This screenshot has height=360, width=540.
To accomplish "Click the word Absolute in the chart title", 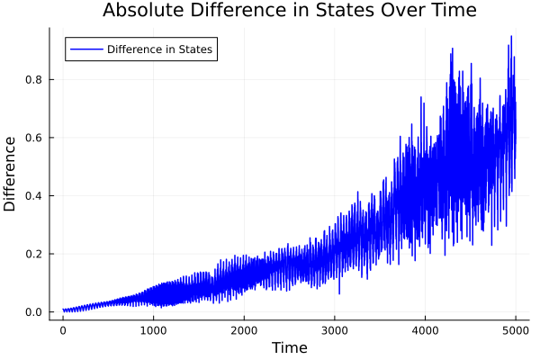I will tap(141, 11).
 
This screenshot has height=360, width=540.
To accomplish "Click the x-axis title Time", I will tap(289, 347).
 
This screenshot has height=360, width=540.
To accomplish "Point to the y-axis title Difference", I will tap(11, 174).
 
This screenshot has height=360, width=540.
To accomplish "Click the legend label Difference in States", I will tap(159, 49).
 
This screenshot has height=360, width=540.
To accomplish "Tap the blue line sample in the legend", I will tap(85, 49).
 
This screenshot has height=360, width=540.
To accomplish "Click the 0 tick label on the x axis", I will tap(63, 330).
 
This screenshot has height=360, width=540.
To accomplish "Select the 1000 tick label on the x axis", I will tap(153, 330).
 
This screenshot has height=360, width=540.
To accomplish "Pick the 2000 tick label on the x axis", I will tap(244, 330).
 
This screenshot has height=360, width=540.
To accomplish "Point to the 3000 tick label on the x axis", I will tap(335, 330).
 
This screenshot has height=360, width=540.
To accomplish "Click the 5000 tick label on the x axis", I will tap(516, 330).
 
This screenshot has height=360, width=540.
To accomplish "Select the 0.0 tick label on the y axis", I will tap(34, 312).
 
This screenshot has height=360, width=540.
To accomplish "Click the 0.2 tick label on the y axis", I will tap(34, 254).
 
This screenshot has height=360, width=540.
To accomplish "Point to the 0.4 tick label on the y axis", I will tap(34, 195).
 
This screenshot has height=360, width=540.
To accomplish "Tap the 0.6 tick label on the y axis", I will tap(34, 138).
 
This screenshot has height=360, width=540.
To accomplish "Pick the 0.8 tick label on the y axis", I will tap(34, 79).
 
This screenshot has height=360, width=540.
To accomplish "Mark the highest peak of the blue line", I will tap(511, 37).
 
